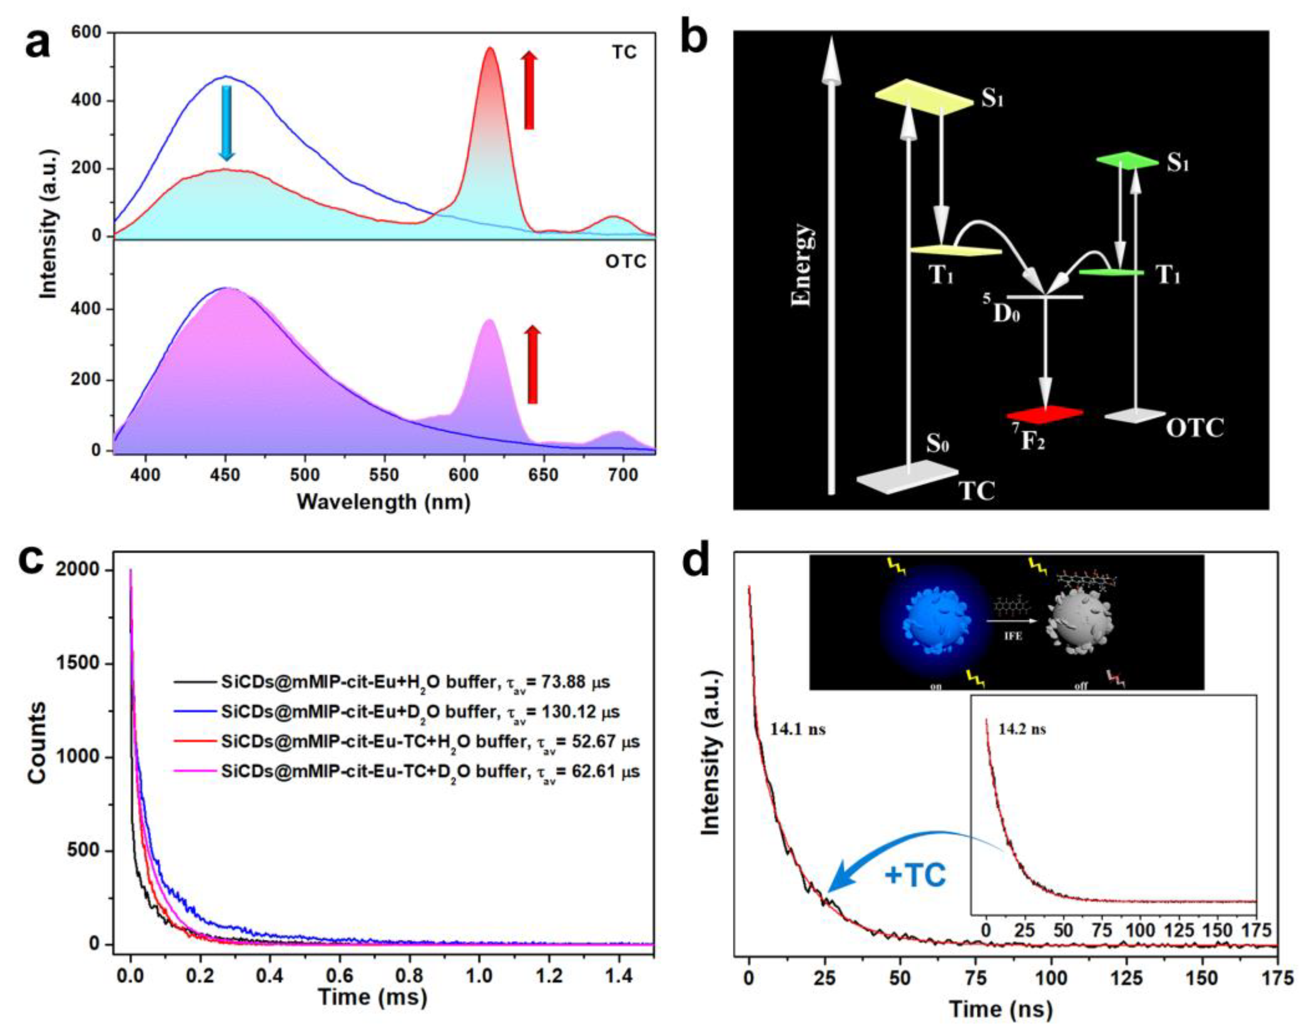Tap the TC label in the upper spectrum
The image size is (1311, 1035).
[623, 53]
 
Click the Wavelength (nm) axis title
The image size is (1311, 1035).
[384, 502]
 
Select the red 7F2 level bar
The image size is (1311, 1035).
[1045, 414]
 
